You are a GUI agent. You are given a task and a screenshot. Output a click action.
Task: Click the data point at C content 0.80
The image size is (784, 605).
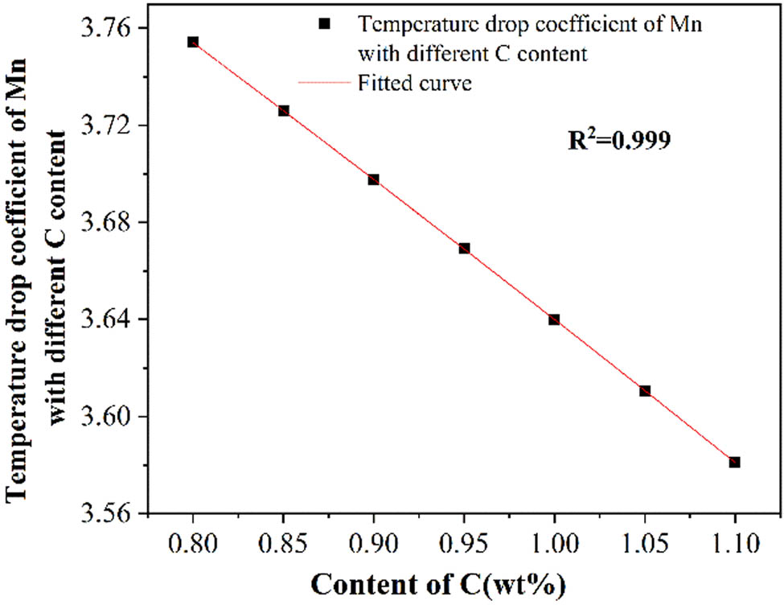[x=193, y=42]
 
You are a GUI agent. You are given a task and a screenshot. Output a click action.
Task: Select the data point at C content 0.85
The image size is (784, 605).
[x=284, y=111]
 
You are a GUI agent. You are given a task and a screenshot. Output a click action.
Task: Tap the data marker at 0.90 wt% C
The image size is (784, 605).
[x=374, y=179]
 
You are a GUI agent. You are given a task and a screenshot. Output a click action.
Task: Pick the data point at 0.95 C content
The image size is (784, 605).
[x=464, y=249]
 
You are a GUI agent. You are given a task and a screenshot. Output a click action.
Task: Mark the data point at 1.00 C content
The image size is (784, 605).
[x=554, y=319]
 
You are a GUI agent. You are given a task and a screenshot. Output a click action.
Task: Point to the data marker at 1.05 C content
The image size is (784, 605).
[x=644, y=391]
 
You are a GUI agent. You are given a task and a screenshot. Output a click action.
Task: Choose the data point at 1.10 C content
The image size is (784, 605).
[x=734, y=462]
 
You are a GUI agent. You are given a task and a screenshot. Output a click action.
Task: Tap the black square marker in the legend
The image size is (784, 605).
[x=324, y=24]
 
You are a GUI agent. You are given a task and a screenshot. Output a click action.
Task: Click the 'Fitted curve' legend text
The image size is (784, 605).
[x=413, y=82]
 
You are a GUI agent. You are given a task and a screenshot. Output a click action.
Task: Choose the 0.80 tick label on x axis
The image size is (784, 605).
[x=193, y=542]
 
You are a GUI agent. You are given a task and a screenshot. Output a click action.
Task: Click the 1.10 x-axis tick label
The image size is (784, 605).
[x=734, y=542]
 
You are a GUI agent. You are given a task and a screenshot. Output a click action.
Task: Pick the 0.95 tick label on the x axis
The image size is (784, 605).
[x=464, y=542]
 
